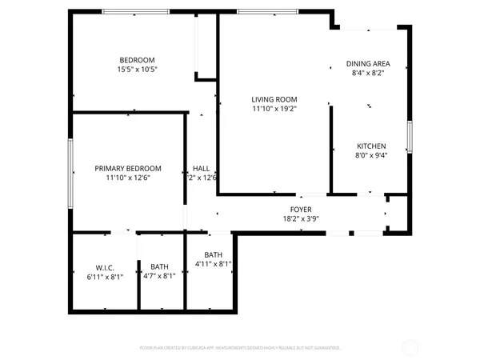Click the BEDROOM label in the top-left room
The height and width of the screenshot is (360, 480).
(x=137, y=61)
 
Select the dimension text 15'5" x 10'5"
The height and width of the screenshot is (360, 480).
(x=137, y=70)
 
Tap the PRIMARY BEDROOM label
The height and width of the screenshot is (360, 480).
(x=128, y=168)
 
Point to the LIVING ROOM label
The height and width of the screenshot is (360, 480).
(x=274, y=99)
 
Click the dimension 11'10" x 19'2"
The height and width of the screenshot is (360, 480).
(x=274, y=109)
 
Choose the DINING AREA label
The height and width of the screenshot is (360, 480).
(x=368, y=63)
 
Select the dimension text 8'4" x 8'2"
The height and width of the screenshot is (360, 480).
(x=368, y=73)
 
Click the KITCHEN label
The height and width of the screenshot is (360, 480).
(x=371, y=146)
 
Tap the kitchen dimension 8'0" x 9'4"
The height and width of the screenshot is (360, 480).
(x=371, y=156)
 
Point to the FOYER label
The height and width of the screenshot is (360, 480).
(x=301, y=209)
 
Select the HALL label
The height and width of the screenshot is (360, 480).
(x=201, y=168)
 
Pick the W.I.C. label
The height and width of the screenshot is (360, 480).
(x=105, y=266)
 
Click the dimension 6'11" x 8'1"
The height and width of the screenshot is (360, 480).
(x=105, y=276)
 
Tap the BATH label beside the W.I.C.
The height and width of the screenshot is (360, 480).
(x=160, y=266)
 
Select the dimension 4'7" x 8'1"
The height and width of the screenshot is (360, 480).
(x=160, y=276)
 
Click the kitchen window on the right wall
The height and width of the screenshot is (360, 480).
(x=409, y=136)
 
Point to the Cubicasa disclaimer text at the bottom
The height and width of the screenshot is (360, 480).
(x=240, y=348)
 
